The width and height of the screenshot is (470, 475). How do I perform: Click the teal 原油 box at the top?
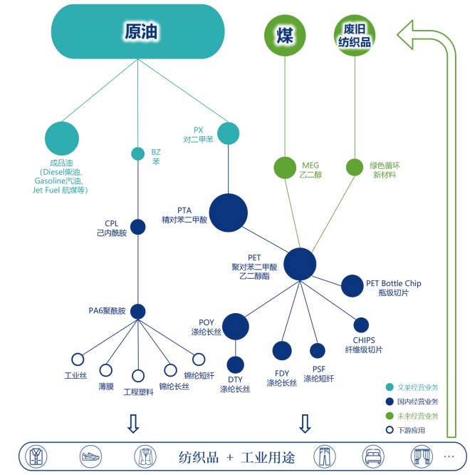click(x=137, y=31)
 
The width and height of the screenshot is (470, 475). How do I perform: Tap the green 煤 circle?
click(x=284, y=34)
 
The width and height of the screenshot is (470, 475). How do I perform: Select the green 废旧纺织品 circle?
click(x=355, y=34)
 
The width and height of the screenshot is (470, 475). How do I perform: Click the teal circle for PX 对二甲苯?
click(x=228, y=133)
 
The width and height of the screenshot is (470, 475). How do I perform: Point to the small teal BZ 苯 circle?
click(x=138, y=153)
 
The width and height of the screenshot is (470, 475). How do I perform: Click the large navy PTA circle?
click(x=228, y=213)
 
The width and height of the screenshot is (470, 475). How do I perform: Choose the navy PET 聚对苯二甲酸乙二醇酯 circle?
click(x=300, y=264)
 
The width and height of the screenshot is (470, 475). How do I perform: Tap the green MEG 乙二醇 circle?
click(x=285, y=168)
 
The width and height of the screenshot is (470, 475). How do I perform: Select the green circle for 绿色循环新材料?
click(x=355, y=168)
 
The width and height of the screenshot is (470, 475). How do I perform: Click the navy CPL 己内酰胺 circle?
click(x=138, y=227)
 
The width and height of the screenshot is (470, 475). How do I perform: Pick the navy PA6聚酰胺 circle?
click(x=138, y=312)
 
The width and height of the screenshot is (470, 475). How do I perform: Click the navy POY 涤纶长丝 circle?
click(x=236, y=327)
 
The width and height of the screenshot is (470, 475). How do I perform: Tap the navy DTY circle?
click(x=236, y=364)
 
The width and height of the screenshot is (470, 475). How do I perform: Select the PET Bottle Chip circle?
click(x=352, y=286)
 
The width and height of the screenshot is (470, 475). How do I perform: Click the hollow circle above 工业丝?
click(x=78, y=359)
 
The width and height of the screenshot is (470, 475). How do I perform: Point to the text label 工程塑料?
click(x=138, y=392)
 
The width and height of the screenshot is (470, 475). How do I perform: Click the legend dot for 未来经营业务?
click(x=390, y=416)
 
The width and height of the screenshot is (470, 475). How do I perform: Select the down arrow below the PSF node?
click(x=305, y=424)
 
